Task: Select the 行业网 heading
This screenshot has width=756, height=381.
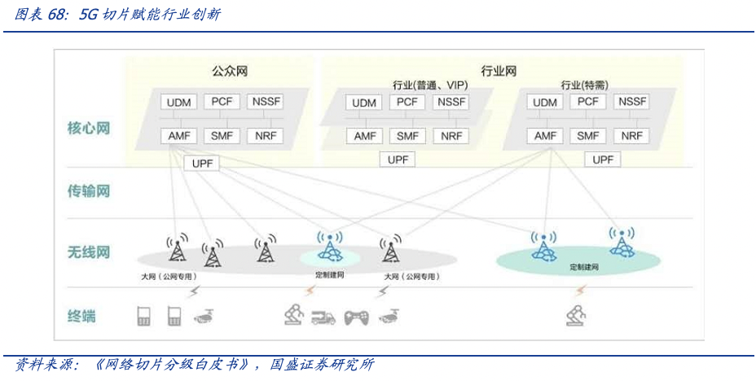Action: click(x=499, y=71)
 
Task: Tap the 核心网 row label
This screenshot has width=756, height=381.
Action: click(x=88, y=128)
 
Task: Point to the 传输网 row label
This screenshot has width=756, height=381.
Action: click(x=88, y=191)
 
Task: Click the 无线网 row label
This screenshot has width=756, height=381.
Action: click(x=88, y=252)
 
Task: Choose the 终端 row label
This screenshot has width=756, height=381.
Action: click(x=81, y=316)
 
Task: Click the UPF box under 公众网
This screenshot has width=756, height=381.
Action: click(x=201, y=164)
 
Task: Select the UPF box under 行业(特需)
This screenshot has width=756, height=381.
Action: click(x=603, y=160)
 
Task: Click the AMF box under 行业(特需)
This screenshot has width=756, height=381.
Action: click(x=545, y=136)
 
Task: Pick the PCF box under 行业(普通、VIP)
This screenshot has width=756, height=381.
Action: click(x=407, y=102)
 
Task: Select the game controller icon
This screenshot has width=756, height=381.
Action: click(x=356, y=317)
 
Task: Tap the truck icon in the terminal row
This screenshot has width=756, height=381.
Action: click(x=323, y=317)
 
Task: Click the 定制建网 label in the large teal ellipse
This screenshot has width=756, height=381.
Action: click(x=584, y=267)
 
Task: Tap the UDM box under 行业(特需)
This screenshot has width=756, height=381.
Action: click(x=545, y=103)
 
